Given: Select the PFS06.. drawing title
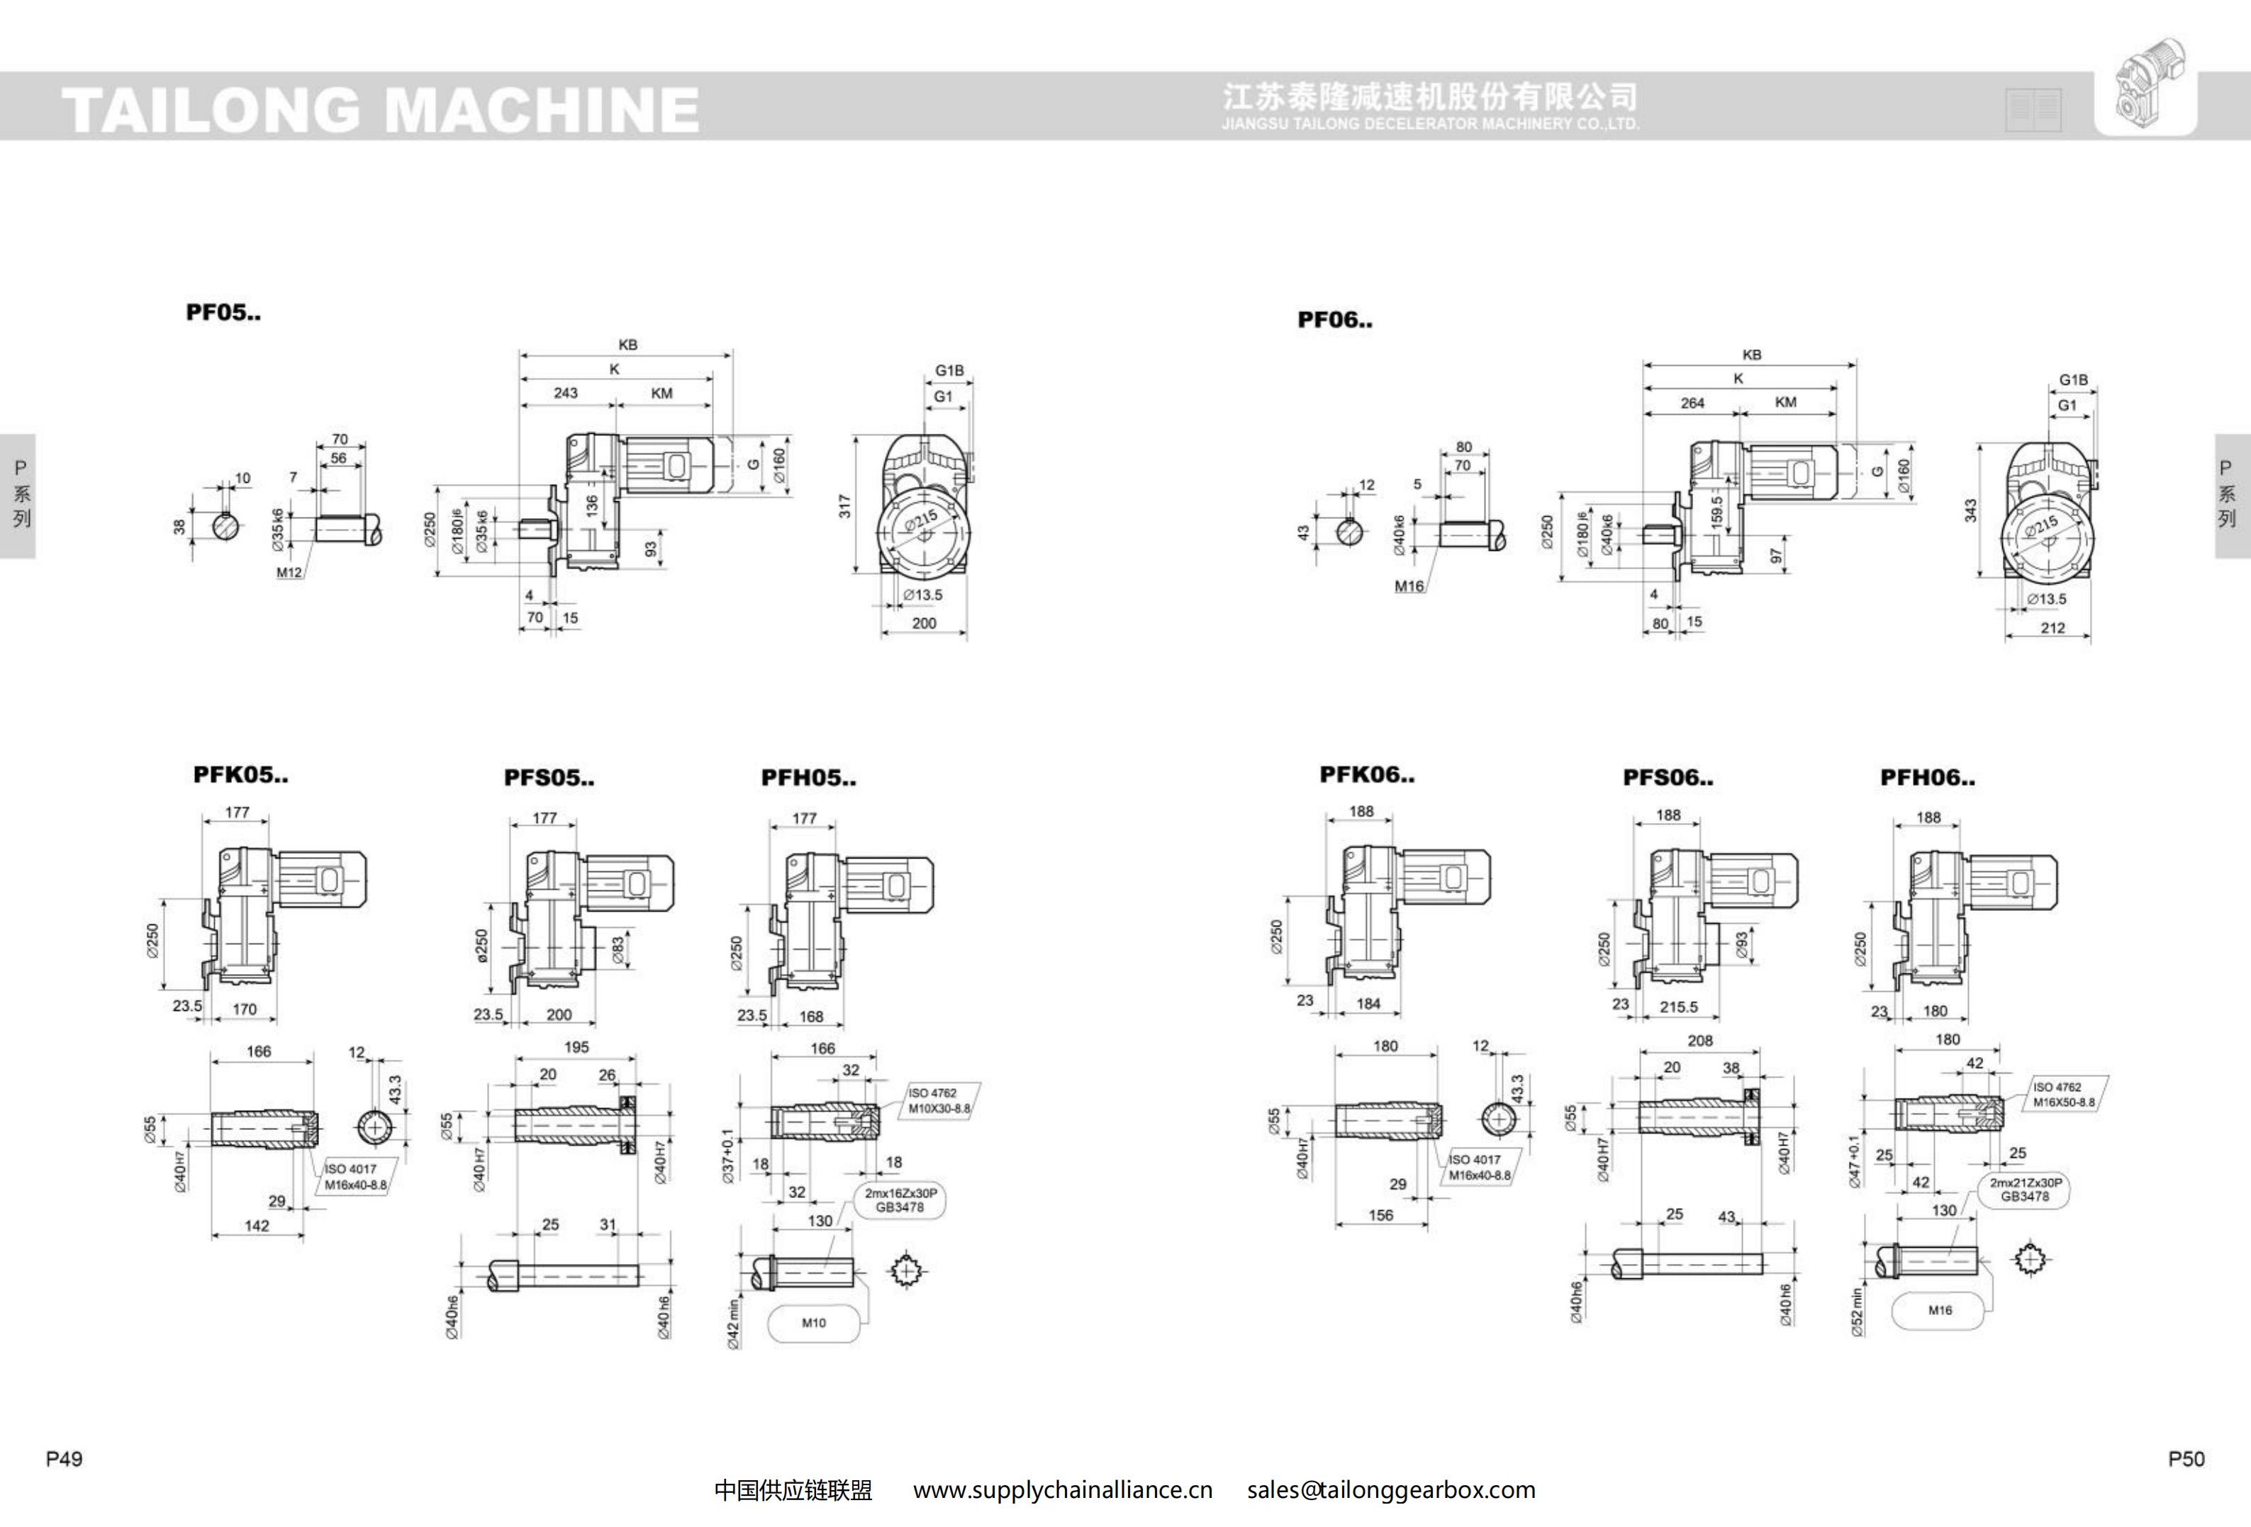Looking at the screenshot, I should [1667, 778].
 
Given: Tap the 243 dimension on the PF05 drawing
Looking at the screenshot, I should [566, 393].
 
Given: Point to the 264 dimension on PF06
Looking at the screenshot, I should [1692, 403].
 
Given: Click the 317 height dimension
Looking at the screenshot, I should [844, 505].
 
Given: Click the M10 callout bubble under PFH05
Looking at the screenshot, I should [814, 1323].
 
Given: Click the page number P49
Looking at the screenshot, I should [64, 1459].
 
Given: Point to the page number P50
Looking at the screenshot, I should [2186, 1459].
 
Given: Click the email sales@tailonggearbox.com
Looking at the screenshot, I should [1391, 1490].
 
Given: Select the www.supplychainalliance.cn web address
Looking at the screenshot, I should [1063, 1490].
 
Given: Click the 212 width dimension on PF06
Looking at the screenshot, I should [2052, 628].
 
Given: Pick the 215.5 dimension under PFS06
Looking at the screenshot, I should [1679, 1007].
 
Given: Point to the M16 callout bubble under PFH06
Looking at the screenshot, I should [1940, 1310].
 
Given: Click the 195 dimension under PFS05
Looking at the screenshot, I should [576, 1047].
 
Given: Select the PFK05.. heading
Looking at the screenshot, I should [240, 775].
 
